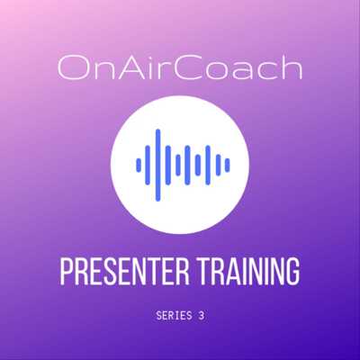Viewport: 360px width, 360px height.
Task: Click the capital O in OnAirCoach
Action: click(x=72, y=68)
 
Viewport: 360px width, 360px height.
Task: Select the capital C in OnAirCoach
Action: click(x=191, y=68)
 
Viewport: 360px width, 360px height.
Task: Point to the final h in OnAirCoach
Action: click(x=290, y=68)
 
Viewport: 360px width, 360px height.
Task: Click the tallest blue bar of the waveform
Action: click(x=158, y=165)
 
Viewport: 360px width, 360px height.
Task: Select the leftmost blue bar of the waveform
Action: click(x=139, y=165)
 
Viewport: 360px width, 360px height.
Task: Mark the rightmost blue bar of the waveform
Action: click(x=227, y=165)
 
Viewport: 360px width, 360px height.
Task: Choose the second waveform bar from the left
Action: click(x=148, y=165)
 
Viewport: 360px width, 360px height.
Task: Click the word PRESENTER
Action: click(x=125, y=273)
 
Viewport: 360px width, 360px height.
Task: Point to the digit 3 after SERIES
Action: click(x=202, y=316)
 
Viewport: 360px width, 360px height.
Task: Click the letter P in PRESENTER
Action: click(x=67, y=273)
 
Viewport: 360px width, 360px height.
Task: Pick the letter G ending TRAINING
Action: click(x=292, y=273)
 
